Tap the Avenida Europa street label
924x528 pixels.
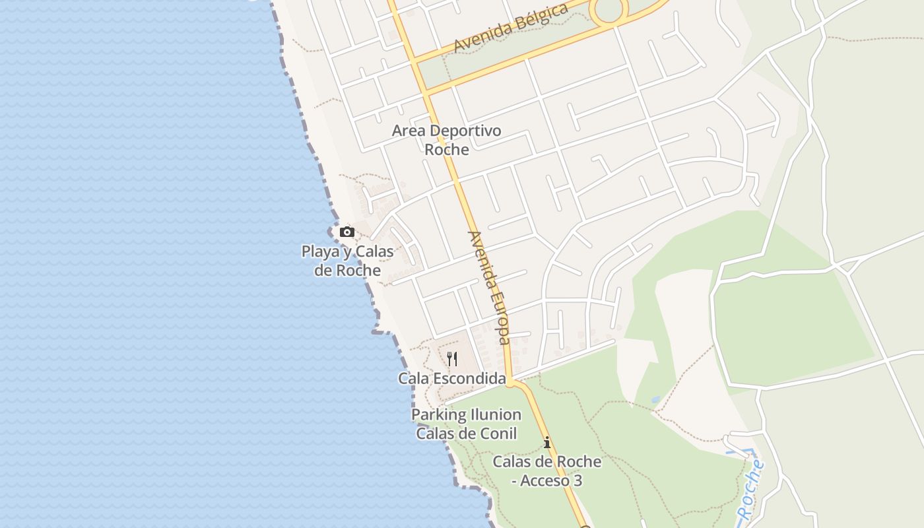(489, 287)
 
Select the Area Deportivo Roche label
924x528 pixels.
(447, 140)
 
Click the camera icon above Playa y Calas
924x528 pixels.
(347, 232)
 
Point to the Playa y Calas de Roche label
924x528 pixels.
(348, 261)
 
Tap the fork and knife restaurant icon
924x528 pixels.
(452, 358)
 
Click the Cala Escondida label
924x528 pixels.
(452, 379)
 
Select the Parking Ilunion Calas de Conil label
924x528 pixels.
(467, 424)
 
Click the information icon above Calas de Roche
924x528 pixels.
(546, 442)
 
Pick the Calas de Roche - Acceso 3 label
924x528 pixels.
(547, 471)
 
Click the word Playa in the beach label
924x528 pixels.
(321, 251)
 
